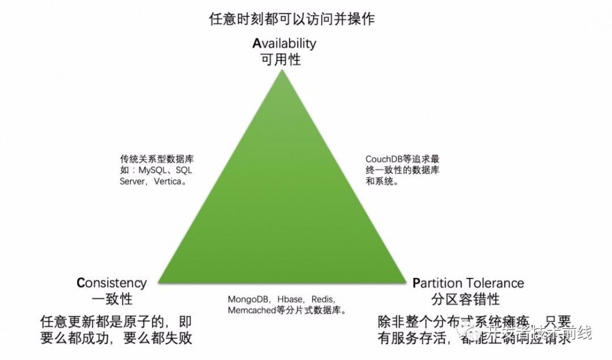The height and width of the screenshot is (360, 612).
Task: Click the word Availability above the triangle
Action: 285,43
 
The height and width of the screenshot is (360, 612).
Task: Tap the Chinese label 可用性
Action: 281,59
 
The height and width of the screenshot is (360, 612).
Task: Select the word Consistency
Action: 112,283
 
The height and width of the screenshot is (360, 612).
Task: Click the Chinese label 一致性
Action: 112,299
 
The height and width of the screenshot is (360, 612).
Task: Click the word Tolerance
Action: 494,283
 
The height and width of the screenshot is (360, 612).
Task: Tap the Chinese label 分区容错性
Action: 465,299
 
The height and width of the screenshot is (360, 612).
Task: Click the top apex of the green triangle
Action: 282,70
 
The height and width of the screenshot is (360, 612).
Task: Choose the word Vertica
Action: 166,181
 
